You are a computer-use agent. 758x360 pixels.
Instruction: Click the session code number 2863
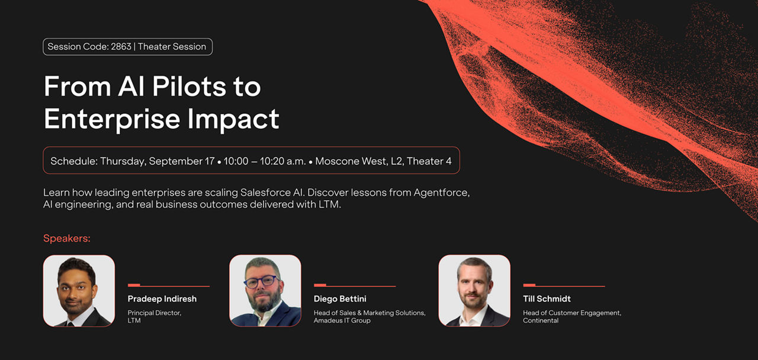[121, 47]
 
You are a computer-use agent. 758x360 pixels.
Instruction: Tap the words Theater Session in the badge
[172, 47]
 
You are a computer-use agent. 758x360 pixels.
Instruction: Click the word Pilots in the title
[189, 86]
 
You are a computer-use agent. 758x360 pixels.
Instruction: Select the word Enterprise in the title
[112, 119]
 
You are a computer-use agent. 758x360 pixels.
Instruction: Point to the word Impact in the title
[233, 119]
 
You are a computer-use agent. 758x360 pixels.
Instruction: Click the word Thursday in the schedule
[123, 161]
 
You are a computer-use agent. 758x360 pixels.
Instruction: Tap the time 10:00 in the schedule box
[236, 161]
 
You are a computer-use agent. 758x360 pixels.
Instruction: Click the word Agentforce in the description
[442, 193]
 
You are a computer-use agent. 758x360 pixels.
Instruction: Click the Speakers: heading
[67, 238]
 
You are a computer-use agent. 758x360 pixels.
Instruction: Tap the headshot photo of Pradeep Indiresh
[79, 291]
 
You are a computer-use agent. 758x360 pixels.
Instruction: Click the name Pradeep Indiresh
[162, 299]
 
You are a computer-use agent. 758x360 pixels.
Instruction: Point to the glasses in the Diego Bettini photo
[261, 281]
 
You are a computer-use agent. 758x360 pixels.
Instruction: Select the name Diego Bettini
[340, 299]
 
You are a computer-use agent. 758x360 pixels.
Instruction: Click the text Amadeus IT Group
[342, 320]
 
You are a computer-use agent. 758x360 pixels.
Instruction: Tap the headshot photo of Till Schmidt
[474, 291]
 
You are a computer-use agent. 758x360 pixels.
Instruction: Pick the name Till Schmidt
[547, 299]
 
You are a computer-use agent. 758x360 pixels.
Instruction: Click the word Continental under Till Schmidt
[541, 320]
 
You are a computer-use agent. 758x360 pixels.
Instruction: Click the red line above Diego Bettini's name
[355, 286]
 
